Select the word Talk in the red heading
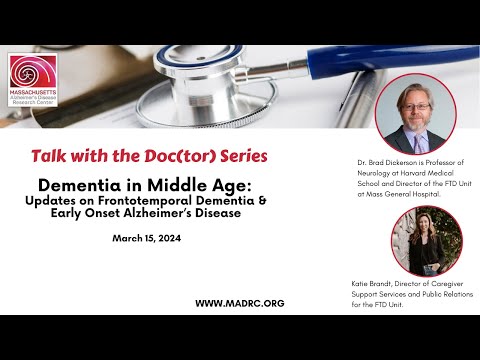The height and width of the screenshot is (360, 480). tap(51, 156)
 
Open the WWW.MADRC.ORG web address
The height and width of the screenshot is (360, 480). tap(240, 303)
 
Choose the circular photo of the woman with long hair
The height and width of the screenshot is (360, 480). tap(412, 242)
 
